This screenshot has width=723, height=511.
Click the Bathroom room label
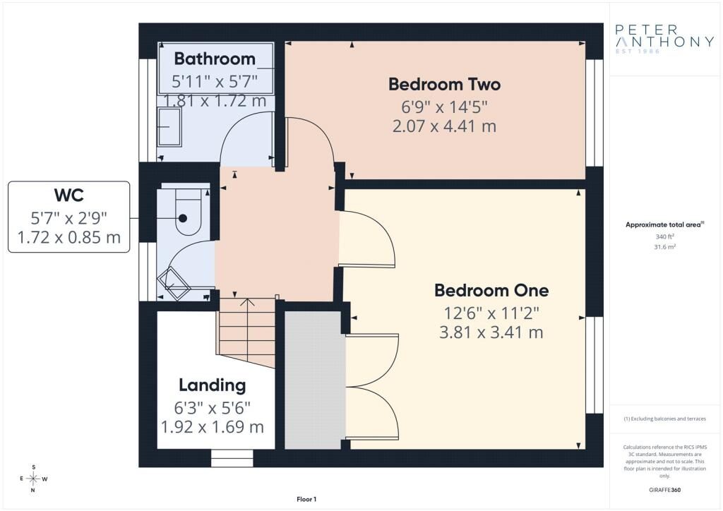coord(215,59)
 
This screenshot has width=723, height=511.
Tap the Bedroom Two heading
coord(444,84)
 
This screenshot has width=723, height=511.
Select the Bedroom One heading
coord(491,290)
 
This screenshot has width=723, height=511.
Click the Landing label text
coord(212,385)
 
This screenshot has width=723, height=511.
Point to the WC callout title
coord(68,195)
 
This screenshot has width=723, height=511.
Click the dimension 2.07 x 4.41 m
coord(444,126)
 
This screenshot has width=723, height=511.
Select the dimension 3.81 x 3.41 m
coord(491,332)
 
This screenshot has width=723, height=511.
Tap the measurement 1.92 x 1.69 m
coord(212,427)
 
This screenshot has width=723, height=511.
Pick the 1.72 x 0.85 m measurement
coord(68,237)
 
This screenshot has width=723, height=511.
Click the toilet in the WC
coord(187,212)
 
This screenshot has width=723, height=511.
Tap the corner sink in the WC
coord(174,282)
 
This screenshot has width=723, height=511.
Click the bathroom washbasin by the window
coord(169,126)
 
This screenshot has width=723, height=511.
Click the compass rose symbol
coord(33,479)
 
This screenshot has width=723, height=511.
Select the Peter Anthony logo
coord(664,39)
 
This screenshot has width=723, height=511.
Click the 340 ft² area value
coord(664,236)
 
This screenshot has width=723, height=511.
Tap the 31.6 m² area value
coord(664,247)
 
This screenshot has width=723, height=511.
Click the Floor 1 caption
coord(306,499)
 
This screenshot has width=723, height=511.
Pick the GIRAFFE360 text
coord(664,490)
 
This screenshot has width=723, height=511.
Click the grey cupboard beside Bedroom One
coord(315,380)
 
